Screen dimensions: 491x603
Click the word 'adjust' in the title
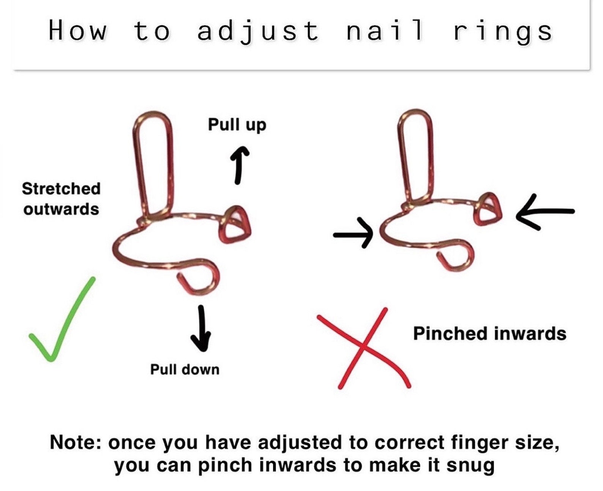tap(258, 31)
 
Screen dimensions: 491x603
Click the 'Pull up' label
tap(237, 125)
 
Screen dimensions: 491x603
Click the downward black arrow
tap(201, 328)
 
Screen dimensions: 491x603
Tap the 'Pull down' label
tap(185, 369)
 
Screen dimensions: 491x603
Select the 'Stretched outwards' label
tap(61, 199)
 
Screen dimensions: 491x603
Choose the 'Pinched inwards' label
tap(489, 333)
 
